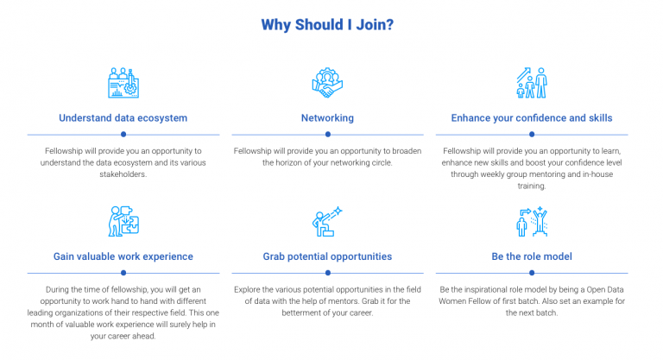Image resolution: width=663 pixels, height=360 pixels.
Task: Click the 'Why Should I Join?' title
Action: [327, 24]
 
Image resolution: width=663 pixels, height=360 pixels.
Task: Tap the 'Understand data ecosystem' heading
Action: [123, 118]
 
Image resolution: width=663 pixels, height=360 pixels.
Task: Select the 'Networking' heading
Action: [327, 118]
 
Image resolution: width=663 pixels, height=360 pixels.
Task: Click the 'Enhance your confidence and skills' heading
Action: [532, 118]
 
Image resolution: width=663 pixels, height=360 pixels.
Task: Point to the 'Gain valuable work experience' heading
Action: [123, 256]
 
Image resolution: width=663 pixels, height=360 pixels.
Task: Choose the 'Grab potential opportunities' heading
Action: [327, 256]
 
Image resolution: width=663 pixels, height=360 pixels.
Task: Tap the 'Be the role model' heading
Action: [532, 256]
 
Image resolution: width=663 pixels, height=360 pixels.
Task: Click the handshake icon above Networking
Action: [327, 83]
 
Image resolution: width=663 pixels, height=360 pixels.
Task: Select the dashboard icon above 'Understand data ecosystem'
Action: [123, 83]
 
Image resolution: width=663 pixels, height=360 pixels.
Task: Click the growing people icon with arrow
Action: [532, 83]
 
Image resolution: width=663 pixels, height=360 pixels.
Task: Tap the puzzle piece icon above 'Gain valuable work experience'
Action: [123, 221]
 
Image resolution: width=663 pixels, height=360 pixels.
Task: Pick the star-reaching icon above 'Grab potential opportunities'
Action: [327, 221]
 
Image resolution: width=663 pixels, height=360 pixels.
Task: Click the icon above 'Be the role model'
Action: [532, 221]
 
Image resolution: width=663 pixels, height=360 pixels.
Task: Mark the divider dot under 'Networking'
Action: [328, 135]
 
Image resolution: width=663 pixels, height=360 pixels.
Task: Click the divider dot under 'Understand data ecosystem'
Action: [123, 135]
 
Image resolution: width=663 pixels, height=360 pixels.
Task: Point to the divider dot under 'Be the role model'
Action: [532, 273]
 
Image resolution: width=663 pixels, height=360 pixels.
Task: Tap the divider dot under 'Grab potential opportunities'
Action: [328, 273]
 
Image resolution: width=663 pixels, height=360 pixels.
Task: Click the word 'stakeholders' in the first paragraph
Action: [123, 174]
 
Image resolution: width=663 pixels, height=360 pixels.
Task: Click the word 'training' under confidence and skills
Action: [531, 186]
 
